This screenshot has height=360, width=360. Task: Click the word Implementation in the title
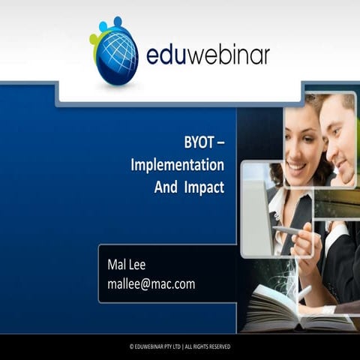[177, 164]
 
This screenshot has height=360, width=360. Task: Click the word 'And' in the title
[166, 187]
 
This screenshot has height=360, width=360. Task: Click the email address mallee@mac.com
[151, 283]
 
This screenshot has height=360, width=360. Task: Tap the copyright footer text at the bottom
[180, 346]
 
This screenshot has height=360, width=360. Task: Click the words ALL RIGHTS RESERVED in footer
[206, 346]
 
